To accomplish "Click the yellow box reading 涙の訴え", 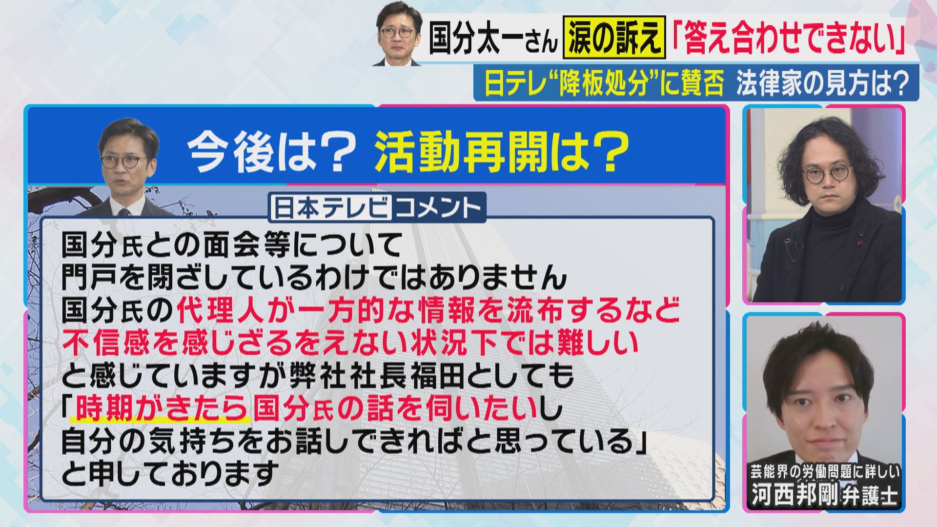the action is pyautogui.click(x=614, y=39).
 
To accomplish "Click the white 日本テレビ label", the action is pyautogui.click(x=331, y=208).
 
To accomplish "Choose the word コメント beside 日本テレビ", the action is pyautogui.click(x=438, y=208).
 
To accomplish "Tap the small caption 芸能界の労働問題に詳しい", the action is pyautogui.click(x=825, y=472).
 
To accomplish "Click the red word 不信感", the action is pyautogui.click(x=105, y=343).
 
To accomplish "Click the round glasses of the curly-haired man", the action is pyautogui.click(x=828, y=176).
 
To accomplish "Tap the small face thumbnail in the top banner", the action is pyautogui.click(x=397, y=33).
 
